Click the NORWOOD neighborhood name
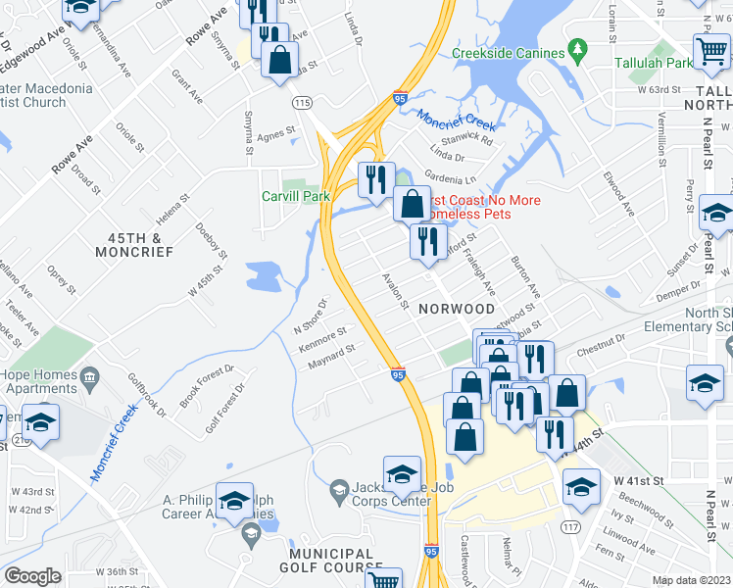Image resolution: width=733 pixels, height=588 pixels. coord(456,308)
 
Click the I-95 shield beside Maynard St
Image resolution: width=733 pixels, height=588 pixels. coord(398,373)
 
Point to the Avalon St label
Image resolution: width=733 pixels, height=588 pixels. coord(395,291)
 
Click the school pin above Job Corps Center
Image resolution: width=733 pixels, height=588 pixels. coord(402,475)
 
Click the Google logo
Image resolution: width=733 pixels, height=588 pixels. coord(32,576)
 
